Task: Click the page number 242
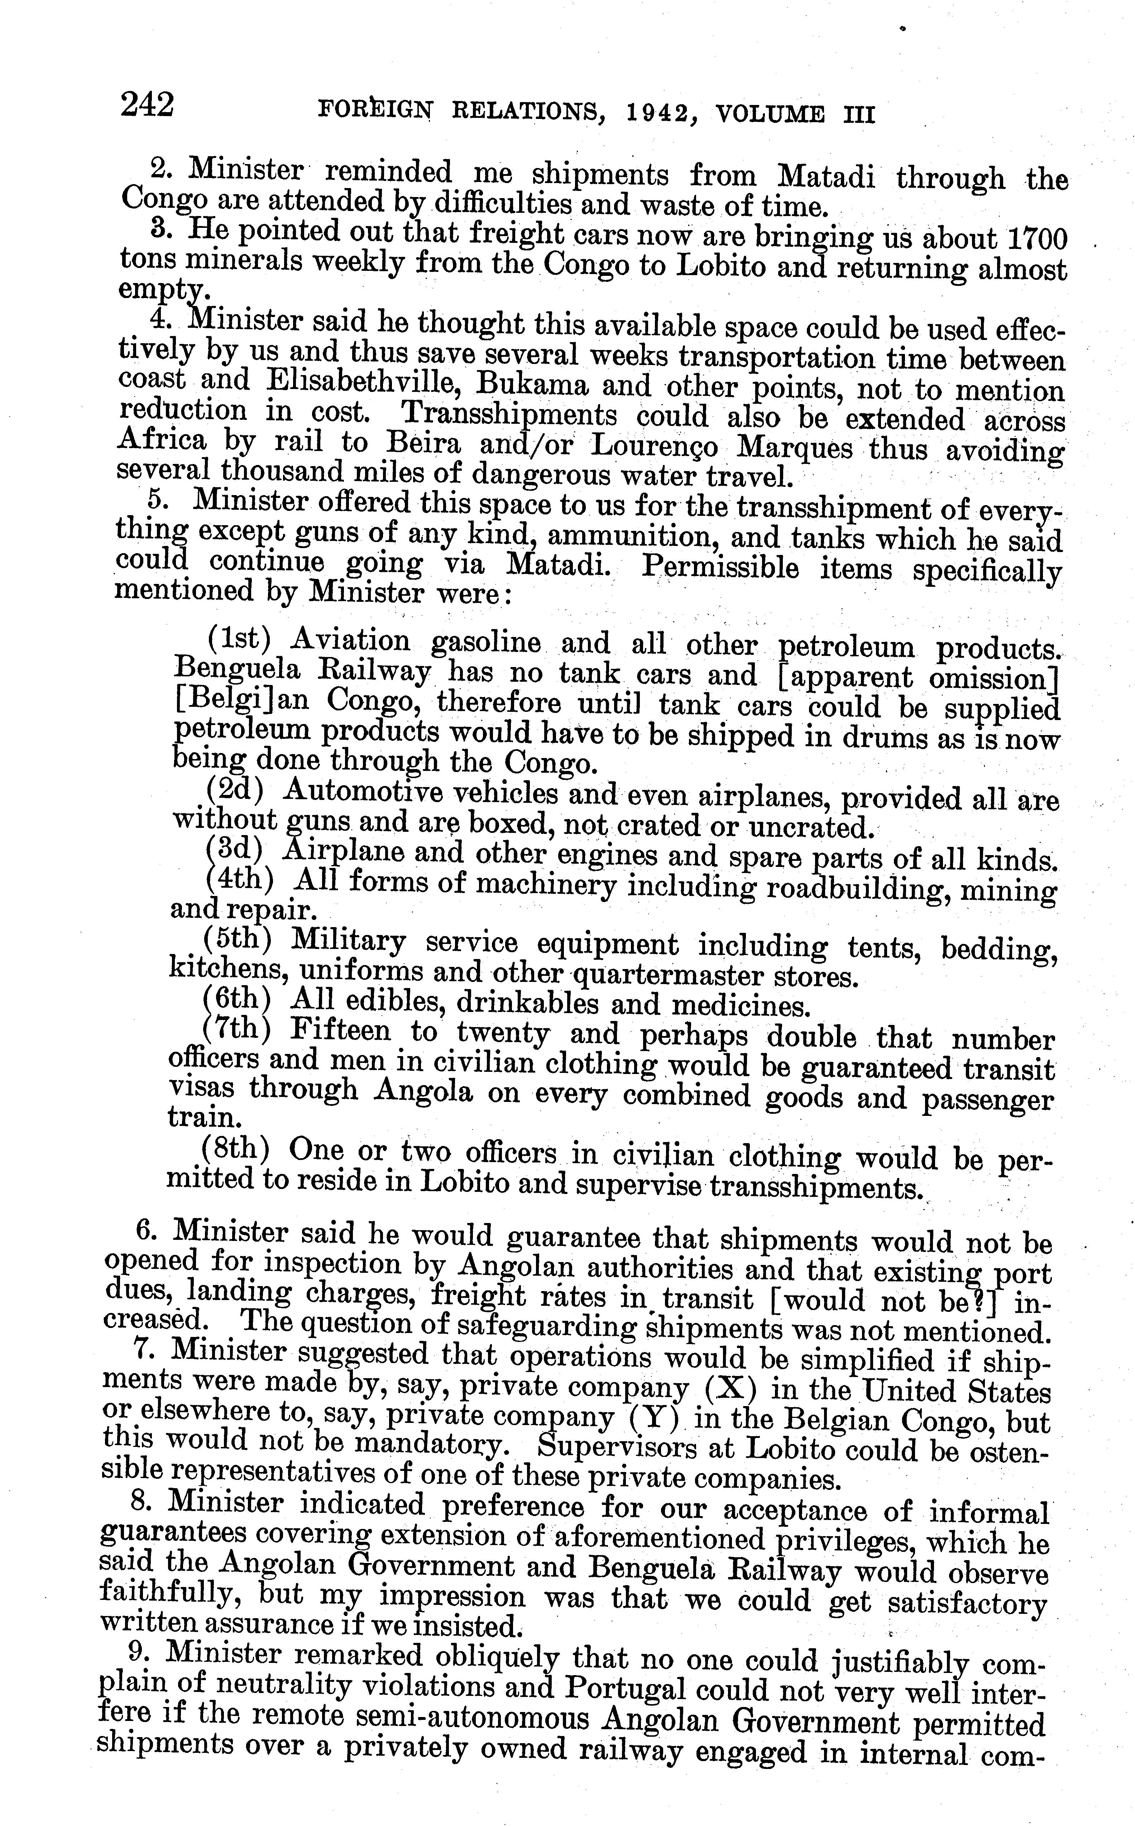(x=147, y=105)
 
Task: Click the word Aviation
(x=350, y=640)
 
